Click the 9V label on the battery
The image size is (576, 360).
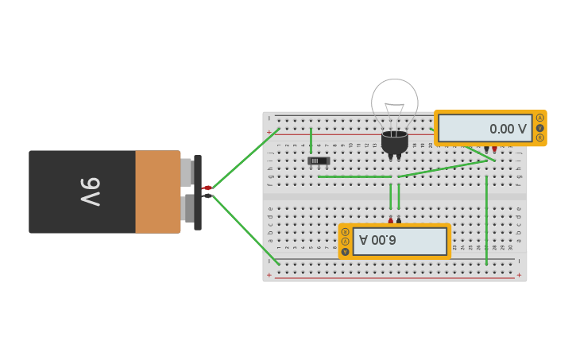(90, 192)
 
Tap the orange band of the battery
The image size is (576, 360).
(157, 192)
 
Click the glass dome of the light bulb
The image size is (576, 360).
(395, 101)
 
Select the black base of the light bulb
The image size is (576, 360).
(395, 142)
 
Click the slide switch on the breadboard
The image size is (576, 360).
(319, 161)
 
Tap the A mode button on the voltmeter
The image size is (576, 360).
(540, 118)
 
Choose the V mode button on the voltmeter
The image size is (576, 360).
(540, 128)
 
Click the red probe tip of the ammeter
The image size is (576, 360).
(391, 219)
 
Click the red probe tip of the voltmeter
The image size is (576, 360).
(494, 149)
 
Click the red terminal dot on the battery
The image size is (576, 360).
(207, 188)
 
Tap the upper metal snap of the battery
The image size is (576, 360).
(187, 172)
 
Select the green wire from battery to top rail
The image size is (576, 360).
(245, 158)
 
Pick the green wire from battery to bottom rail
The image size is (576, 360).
(245, 230)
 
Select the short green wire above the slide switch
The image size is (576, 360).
(311, 140)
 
